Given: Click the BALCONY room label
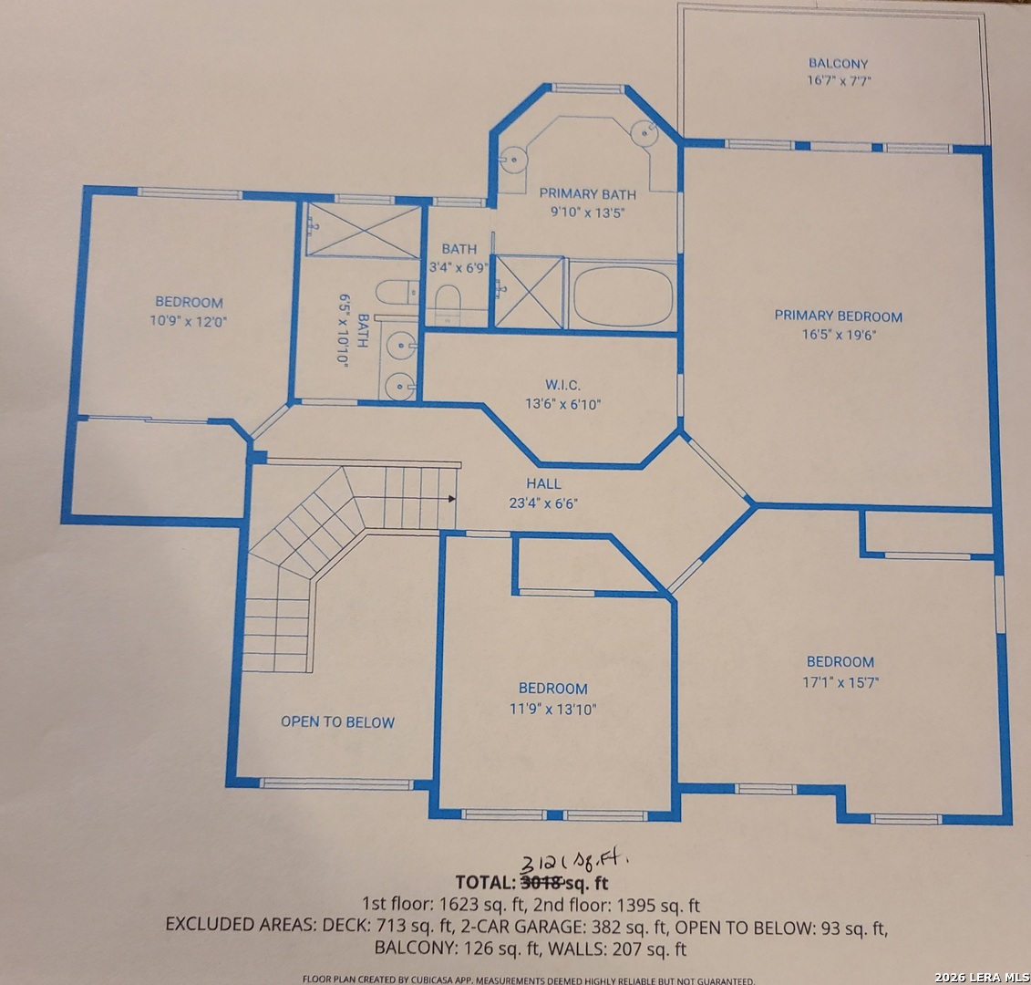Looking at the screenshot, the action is click(839, 64).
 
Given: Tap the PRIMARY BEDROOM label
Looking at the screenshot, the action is click(839, 316).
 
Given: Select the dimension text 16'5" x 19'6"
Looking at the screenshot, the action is click(839, 334).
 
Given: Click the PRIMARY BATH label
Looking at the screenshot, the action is click(588, 194).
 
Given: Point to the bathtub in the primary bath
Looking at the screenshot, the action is click(623, 296).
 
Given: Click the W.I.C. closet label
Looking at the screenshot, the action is click(562, 386).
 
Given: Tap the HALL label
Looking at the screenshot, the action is click(544, 483).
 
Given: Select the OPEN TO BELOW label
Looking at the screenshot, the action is click(338, 721).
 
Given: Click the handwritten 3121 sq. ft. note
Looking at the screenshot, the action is click(574, 864).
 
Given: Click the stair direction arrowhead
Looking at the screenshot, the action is click(452, 499).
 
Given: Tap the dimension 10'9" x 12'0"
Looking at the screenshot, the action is click(189, 321).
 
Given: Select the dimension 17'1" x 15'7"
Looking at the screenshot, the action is click(840, 682).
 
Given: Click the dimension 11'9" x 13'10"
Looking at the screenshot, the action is click(553, 710).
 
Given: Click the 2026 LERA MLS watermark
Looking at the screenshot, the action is click(982, 977).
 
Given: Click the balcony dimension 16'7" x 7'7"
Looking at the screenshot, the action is click(839, 81).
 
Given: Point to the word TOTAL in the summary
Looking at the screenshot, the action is click(485, 882).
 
